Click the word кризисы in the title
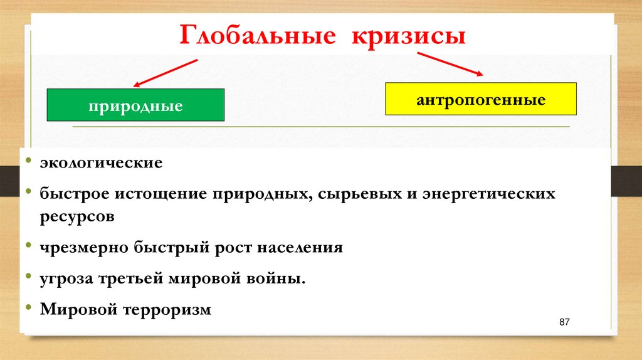click(408, 36)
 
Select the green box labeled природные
click(135, 105)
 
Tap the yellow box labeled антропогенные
click(480, 99)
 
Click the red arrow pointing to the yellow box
click(451, 64)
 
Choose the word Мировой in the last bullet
click(78, 309)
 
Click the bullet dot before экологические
click(29, 163)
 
